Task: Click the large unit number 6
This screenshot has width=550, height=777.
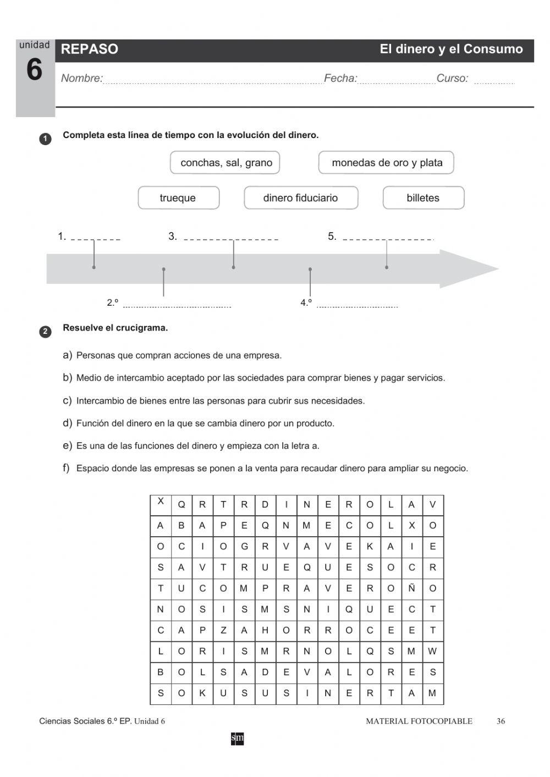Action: click(34, 70)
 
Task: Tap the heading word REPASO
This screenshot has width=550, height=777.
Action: click(89, 49)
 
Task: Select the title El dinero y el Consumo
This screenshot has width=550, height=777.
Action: click(451, 49)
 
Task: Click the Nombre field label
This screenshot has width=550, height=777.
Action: click(81, 78)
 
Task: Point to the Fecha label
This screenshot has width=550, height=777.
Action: click(340, 78)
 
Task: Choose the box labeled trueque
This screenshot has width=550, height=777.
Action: click(178, 198)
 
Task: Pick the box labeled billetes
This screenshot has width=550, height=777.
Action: click(423, 198)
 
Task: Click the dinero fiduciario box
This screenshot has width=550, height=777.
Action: click(300, 198)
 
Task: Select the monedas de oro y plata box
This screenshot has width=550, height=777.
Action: click(387, 163)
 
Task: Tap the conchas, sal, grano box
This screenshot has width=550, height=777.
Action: click(226, 163)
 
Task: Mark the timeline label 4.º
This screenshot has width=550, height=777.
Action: click(306, 302)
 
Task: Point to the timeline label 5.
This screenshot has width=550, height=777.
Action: click(332, 236)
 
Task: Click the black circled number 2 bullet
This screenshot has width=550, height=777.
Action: click(45, 332)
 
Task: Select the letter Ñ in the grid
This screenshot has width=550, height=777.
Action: click(411, 588)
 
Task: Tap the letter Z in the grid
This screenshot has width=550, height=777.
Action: click(223, 630)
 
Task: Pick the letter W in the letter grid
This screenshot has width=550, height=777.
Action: click(432, 651)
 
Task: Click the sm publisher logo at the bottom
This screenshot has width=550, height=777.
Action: click(237, 739)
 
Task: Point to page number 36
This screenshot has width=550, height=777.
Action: click(501, 721)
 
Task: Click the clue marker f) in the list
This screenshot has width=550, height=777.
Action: click(66, 468)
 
